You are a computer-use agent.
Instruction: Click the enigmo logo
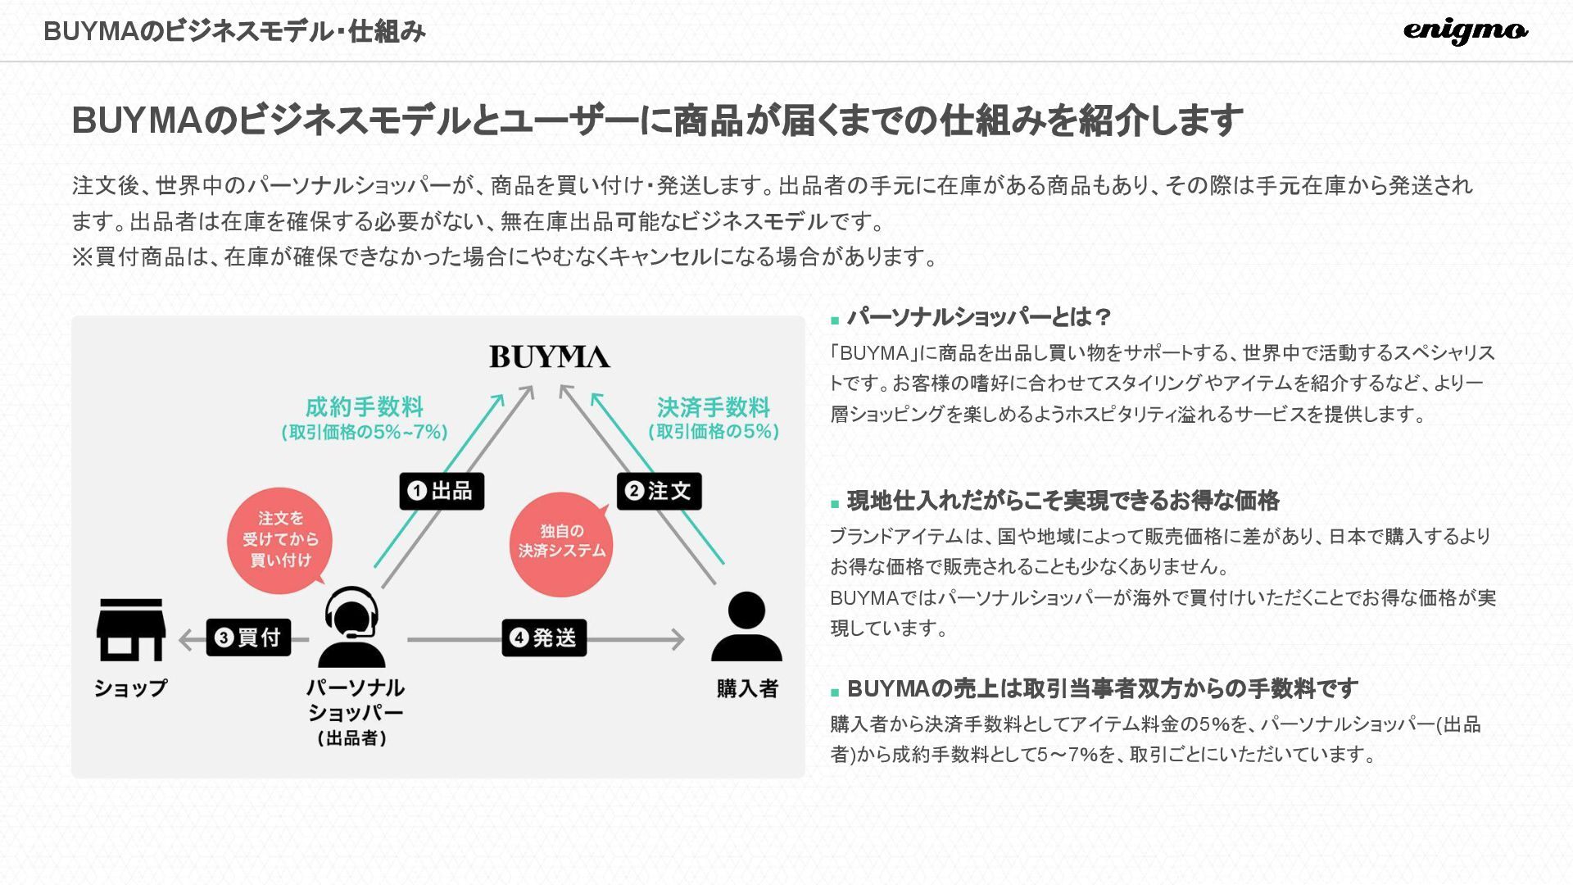click(1465, 31)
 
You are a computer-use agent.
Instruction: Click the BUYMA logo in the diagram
click(550, 357)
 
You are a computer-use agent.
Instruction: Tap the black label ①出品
click(442, 491)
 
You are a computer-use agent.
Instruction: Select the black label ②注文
click(659, 491)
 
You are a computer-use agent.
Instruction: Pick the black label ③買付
click(248, 638)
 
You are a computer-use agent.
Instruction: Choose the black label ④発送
click(544, 638)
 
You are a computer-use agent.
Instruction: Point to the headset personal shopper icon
click(351, 627)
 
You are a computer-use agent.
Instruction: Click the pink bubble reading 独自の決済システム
click(561, 542)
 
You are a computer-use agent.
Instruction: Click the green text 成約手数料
click(364, 406)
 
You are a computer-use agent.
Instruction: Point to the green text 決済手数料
click(713, 406)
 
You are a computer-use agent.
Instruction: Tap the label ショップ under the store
click(130, 688)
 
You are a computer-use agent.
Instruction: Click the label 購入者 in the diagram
click(747, 688)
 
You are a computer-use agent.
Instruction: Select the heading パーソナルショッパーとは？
click(980, 317)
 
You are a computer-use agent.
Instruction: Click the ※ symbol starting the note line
click(82, 257)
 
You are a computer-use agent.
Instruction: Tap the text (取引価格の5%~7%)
click(365, 432)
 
